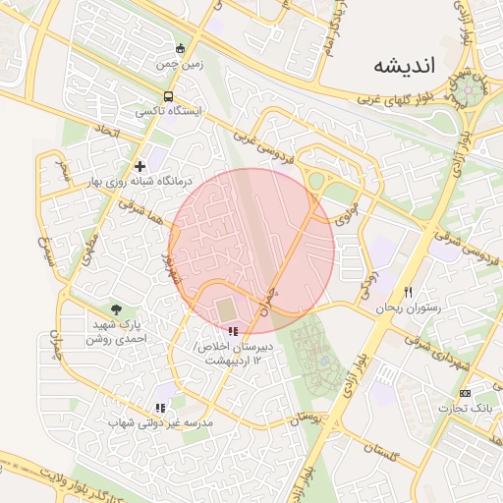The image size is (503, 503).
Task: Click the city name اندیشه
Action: (x=405, y=66)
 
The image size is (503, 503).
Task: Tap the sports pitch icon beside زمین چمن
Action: (x=179, y=48)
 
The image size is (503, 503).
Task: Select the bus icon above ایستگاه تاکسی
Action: (x=170, y=96)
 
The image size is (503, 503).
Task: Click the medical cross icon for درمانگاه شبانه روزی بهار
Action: (x=140, y=166)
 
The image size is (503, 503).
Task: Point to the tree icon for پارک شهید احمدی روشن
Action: (x=117, y=309)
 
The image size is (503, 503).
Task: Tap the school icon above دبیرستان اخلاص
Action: (x=233, y=332)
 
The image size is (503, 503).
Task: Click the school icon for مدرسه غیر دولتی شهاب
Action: (x=160, y=408)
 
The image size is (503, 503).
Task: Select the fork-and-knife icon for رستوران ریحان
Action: (x=408, y=292)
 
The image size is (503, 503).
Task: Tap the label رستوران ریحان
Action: (x=408, y=307)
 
